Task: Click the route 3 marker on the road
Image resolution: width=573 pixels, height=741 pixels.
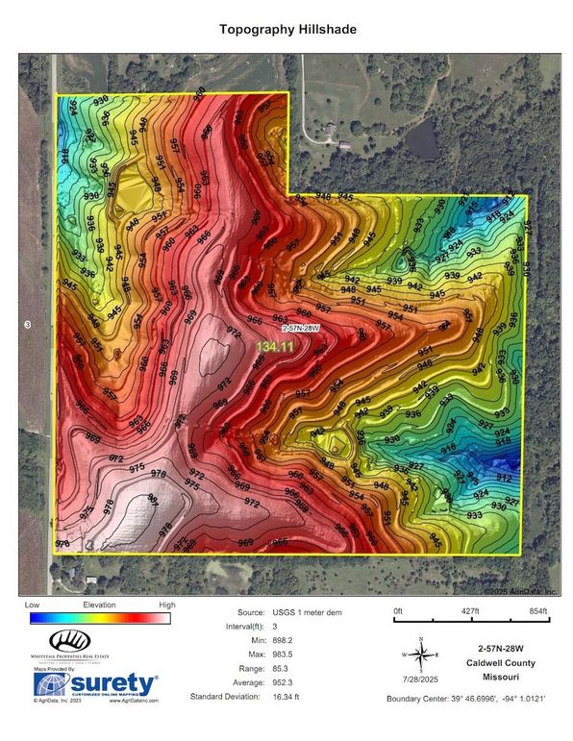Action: [x=28, y=326]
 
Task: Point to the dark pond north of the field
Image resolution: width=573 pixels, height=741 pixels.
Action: [x=423, y=144]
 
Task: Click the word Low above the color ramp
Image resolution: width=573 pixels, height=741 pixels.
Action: [x=33, y=605]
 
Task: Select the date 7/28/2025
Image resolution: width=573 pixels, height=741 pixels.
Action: [x=421, y=682]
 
